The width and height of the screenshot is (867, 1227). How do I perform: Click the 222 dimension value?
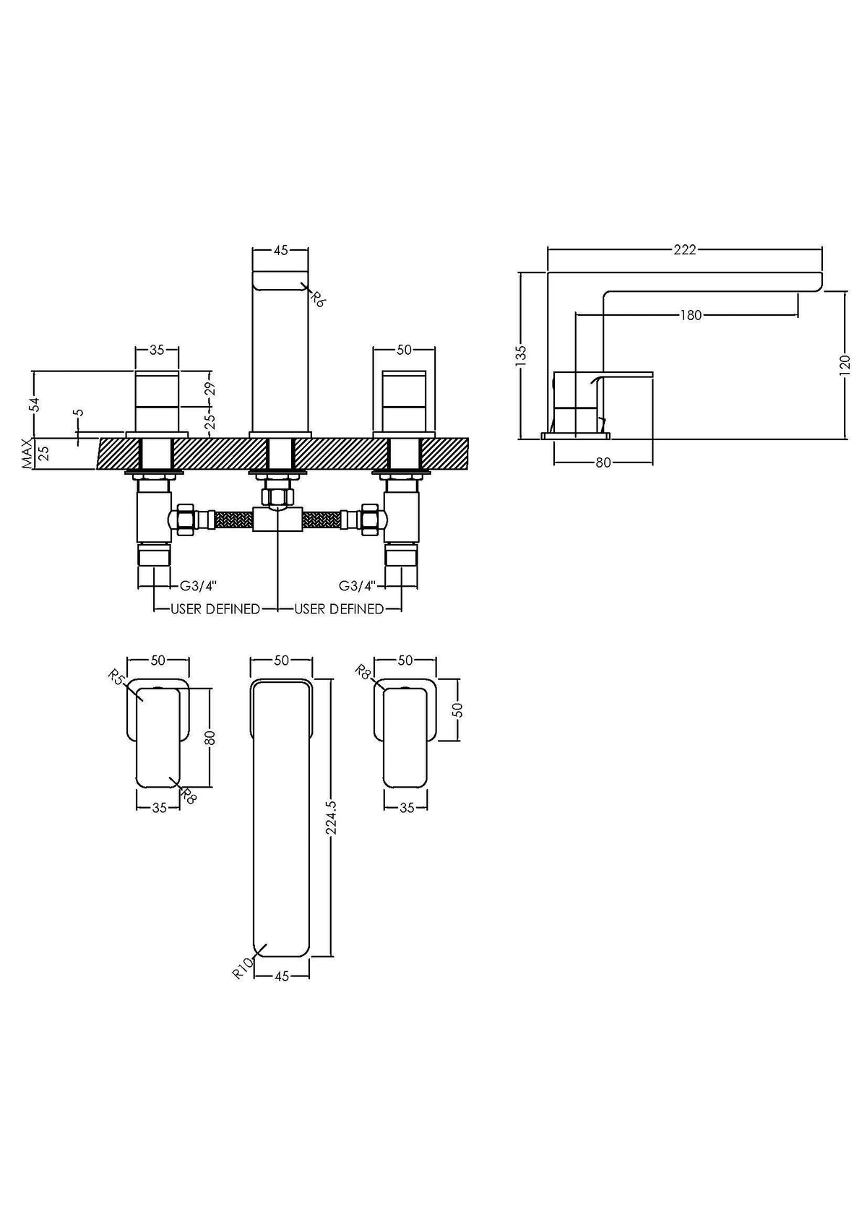click(685, 250)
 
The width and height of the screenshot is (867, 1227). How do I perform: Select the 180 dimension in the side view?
click(691, 315)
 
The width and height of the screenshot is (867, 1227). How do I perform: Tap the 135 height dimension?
click(521, 356)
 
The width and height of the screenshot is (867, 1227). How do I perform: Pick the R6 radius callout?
click(317, 298)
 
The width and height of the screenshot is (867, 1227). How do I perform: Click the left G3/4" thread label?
click(198, 585)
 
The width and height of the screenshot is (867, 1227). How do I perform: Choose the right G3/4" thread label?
click(357, 585)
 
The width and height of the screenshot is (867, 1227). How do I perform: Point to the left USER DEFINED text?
click(215, 608)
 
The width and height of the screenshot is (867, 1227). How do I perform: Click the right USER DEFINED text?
click(339, 608)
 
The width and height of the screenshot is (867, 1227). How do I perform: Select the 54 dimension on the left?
click(35, 403)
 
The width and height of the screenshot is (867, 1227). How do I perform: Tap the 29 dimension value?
click(210, 389)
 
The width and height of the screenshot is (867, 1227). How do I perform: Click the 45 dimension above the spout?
click(280, 250)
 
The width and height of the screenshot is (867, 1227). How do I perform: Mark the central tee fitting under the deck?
click(278, 519)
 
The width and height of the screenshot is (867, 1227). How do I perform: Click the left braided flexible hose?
click(233, 519)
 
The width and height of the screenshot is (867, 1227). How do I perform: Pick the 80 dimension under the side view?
click(603, 463)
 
